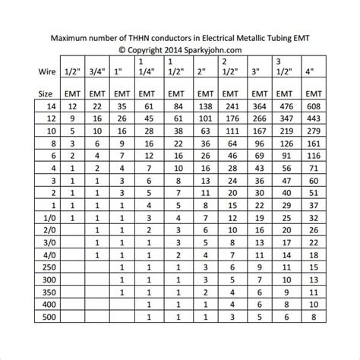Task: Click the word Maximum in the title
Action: pyautogui.click(x=71, y=36)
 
